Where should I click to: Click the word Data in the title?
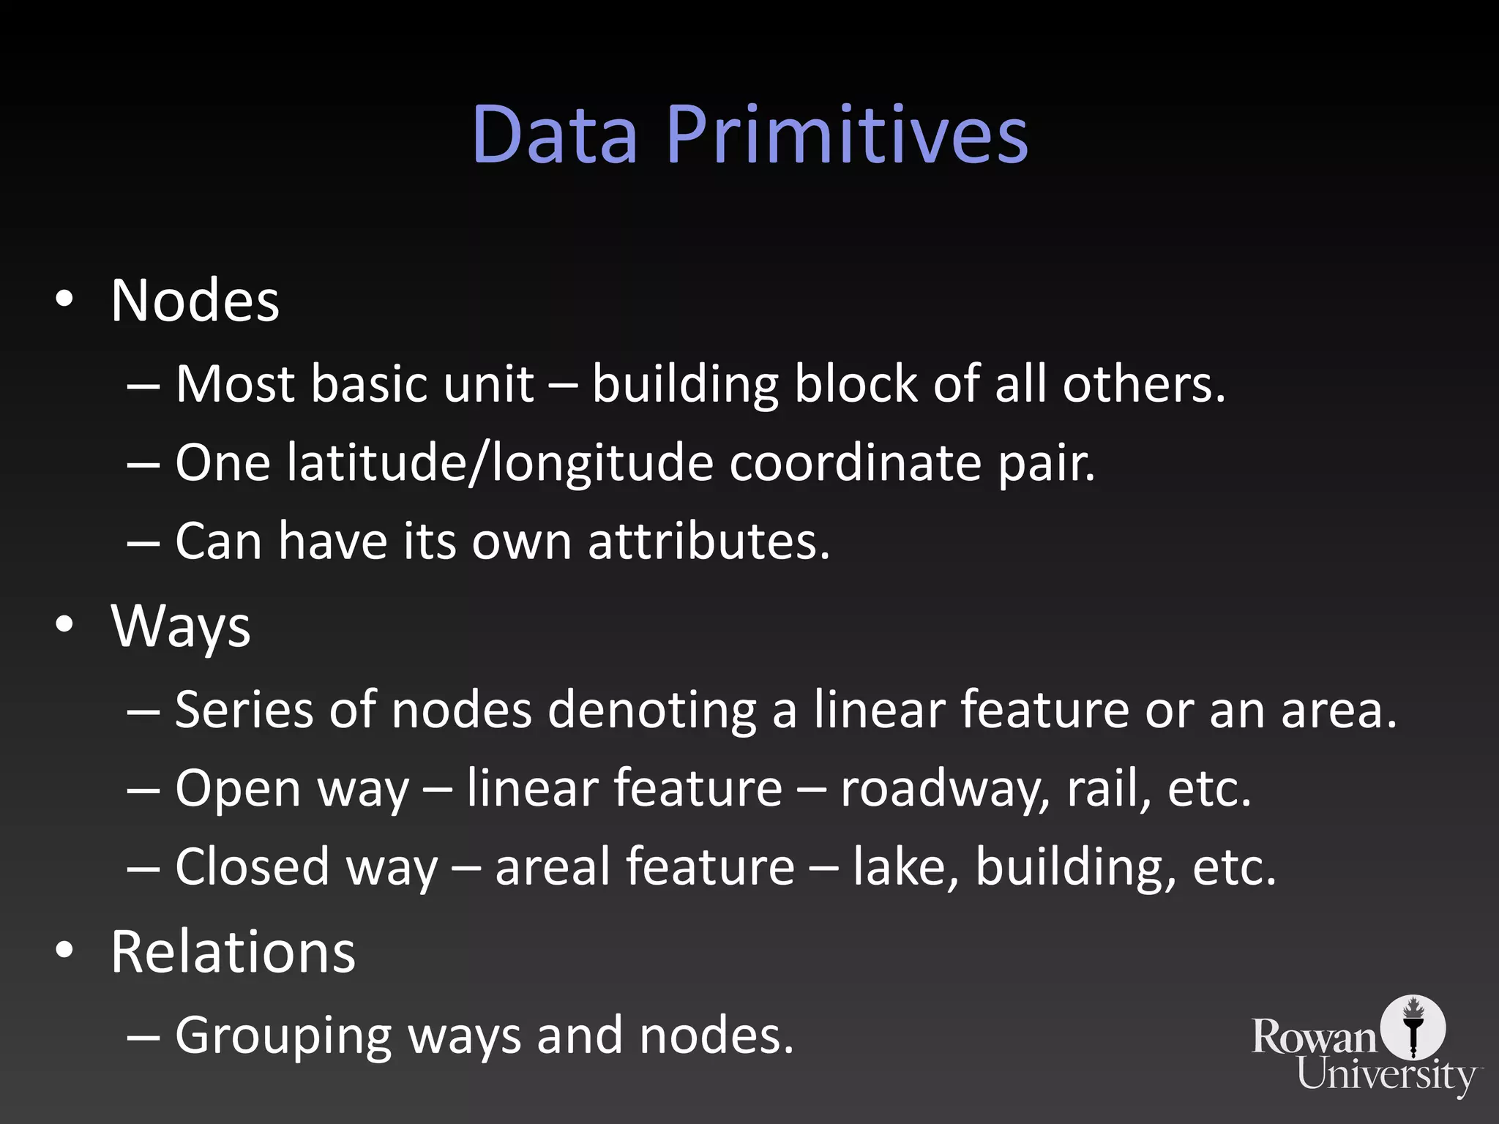pos(555,135)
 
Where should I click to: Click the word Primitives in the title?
pos(847,135)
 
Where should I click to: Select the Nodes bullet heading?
pos(195,301)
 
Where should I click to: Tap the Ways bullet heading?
pos(181,627)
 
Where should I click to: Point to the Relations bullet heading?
pos(233,952)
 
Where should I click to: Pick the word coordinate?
pos(855,463)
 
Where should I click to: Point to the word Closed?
pos(253,867)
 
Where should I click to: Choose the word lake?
pos(905,867)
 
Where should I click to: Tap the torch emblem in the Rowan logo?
pos(1413,1027)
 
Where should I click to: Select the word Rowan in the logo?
pos(1315,1038)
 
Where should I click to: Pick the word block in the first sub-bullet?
pos(856,384)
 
